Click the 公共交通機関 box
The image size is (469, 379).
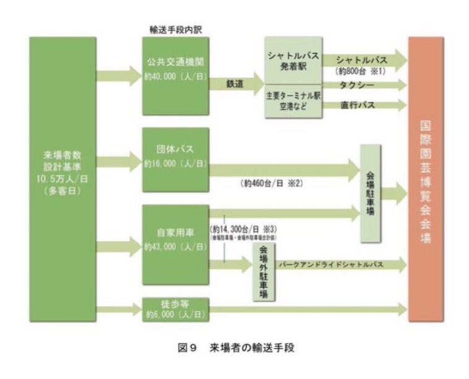pyautogui.click(x=175, y=68)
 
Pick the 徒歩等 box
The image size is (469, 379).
pyautogui.click(x=175, y=308)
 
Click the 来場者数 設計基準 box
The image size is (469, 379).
pyautogui.click(x=62, y=178)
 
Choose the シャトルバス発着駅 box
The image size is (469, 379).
pyautogui.click(x=293, y=60)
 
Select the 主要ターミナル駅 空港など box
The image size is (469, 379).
pyautogui.click(x=293, y=100)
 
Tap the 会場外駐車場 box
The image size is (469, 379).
pyautogui.click(x=264, y=272)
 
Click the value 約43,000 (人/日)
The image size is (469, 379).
pyautogui.click(x=175, y=246)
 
